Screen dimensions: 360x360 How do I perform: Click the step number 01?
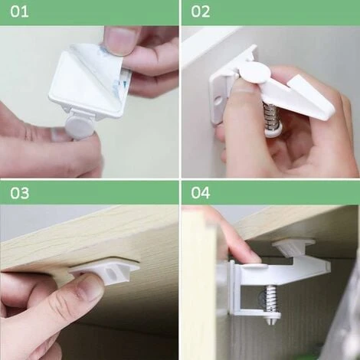(x=19, y=11)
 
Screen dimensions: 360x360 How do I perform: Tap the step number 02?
(x=201, y=11)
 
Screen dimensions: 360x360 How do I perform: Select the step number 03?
(x=20, y=193)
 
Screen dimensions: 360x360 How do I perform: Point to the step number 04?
(x=201, y=193)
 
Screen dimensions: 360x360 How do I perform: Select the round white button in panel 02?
(x=256, y=74)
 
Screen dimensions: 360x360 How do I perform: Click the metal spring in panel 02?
(x=270, y=113)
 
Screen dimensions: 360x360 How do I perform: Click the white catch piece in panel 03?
(x=106, y=272)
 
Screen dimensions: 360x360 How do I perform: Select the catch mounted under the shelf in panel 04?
(x=293, y=247)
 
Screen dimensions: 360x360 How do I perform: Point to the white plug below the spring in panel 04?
(x=272, y=318)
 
